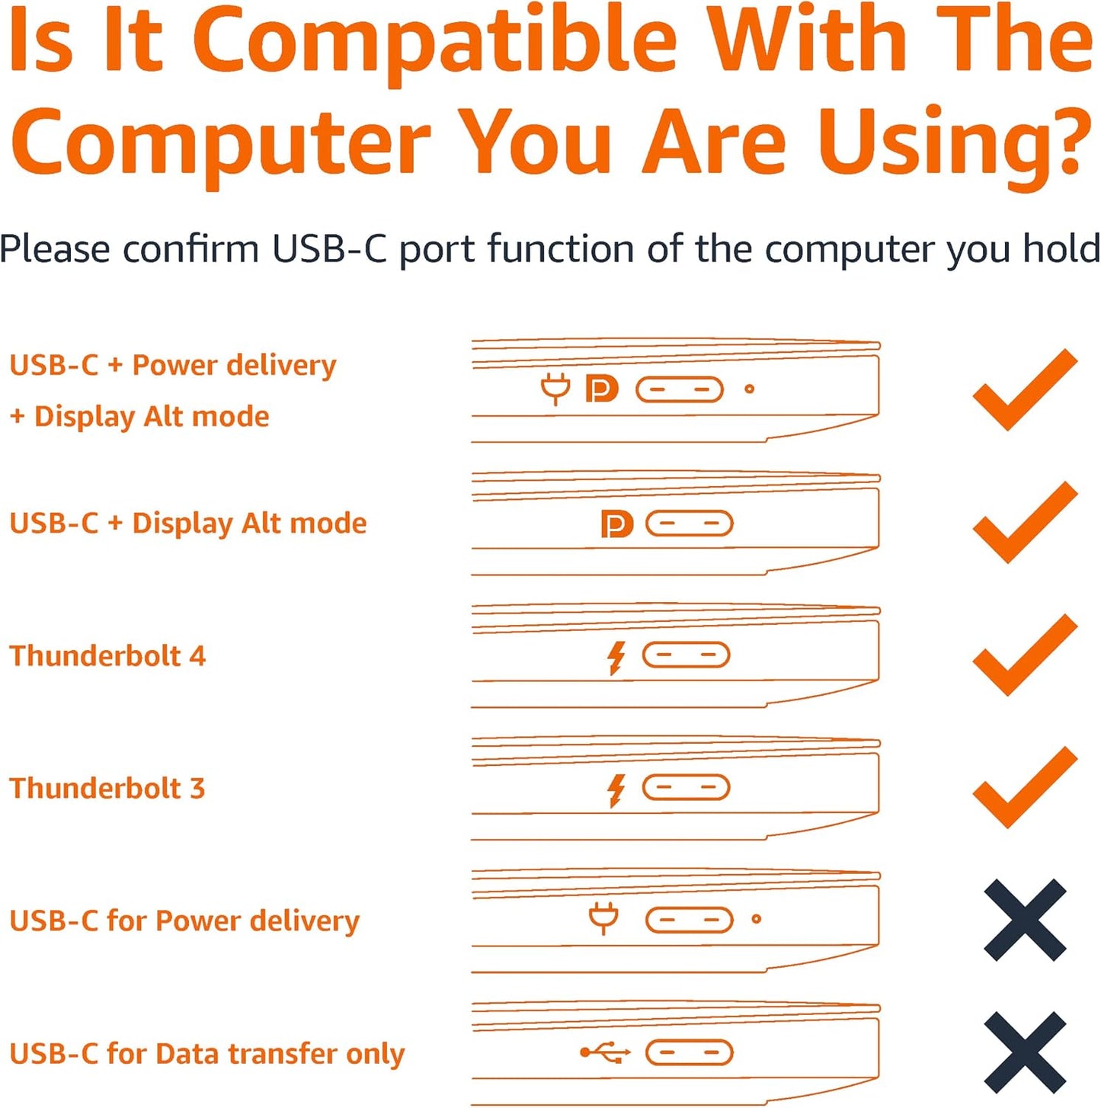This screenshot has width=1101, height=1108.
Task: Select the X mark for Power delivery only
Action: pyautogui.click(x=1025, y=921)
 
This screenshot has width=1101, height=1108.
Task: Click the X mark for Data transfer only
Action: pyautogui.click(x=1025, y=1053)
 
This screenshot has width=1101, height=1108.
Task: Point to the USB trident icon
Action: pyautogui.click(x=605, y=1053)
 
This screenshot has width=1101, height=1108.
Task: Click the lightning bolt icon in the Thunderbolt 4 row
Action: pyautogui.click(x=616, y=659)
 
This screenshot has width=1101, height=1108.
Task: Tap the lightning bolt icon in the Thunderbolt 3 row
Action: pyautogui.click(x=616, y=791)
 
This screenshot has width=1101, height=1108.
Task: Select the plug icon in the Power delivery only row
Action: pyautogui.click(x=603, y=918)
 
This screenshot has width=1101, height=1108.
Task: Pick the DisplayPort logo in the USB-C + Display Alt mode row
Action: pyautogui.click(x=617, y=524)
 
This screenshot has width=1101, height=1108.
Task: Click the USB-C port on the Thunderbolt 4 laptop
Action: pyautogui.click(x=686, y=655)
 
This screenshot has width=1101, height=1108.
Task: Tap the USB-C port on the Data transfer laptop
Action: pyautogui.click(x=689, y=1053)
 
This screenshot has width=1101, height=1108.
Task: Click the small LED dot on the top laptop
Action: pyautogui.click(x=749, y=389)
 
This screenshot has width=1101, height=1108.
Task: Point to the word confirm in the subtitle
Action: pyautogui.click(x=192, y=249)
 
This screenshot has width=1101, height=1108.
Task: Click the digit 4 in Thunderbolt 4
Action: pyautogui.click(x=197, y=656)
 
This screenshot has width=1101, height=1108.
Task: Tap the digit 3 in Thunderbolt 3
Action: pyautogui.click(x=197, y=788)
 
